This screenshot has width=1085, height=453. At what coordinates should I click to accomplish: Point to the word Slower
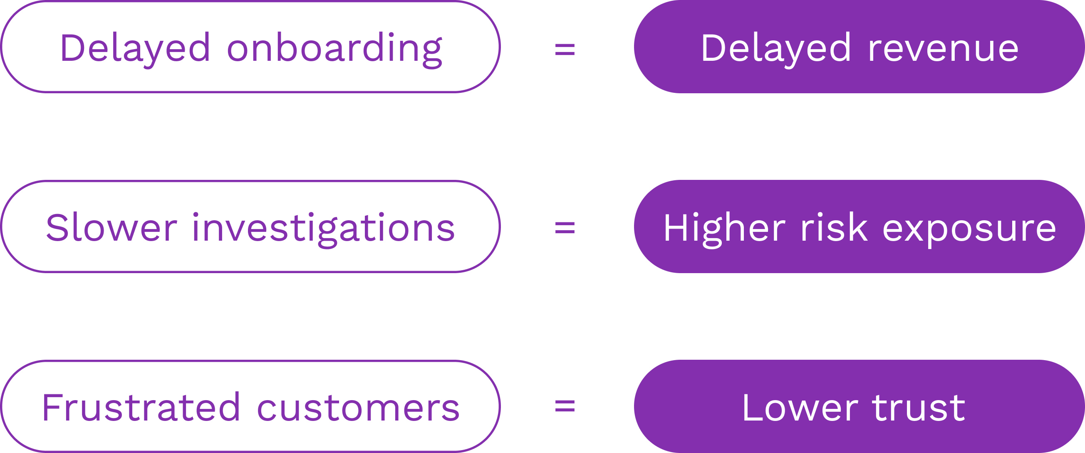111,228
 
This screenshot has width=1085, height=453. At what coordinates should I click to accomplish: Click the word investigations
324,230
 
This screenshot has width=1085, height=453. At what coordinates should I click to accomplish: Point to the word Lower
800,407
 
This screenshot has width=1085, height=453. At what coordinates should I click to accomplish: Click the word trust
919,408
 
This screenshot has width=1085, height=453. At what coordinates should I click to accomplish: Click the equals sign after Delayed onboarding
565,49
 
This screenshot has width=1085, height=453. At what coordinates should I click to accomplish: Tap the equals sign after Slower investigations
565,228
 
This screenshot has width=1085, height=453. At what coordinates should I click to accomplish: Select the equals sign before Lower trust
565,406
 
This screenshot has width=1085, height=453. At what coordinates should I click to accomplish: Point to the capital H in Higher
676,228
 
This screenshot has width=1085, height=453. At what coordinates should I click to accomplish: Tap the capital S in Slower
57,228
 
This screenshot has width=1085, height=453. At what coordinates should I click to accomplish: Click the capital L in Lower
752,407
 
